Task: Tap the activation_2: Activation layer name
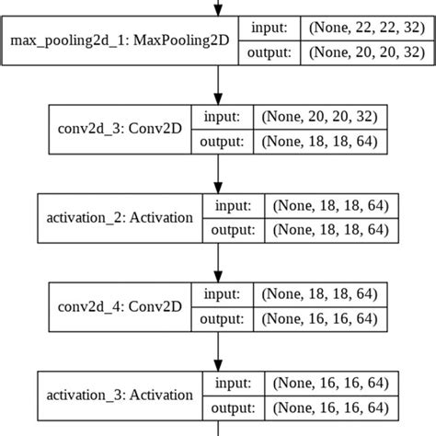point(120,218)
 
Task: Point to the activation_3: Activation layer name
point(120,396)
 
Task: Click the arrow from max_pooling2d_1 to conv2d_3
point(218,85)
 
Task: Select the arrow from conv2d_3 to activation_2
point(218,173)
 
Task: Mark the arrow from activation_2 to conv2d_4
point(218,262)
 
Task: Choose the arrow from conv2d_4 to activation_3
point(218,351)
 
